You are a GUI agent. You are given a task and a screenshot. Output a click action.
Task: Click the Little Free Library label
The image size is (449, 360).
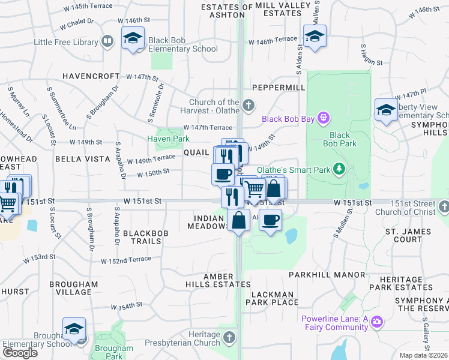pos(65,42)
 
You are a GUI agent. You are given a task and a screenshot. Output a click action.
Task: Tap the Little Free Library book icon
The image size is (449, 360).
pos(107,41)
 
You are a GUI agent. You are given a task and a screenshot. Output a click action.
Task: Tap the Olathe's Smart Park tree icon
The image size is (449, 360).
pos(339,170)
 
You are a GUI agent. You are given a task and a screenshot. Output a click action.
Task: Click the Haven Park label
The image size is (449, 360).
pos(169,139)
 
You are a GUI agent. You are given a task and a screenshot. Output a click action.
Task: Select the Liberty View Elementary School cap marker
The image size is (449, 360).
pos(385,110)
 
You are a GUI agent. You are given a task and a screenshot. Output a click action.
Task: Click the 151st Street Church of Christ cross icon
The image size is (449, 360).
pos(444,207)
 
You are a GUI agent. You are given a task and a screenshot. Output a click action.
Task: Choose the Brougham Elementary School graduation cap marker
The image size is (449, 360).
pos(74,329)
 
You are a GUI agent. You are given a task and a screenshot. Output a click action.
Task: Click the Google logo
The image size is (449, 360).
pos(20,352)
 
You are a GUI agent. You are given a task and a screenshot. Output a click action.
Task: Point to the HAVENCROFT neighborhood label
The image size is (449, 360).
pos(90,77)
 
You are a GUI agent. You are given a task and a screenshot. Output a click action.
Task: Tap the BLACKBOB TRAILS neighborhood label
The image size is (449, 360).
pos(142,237)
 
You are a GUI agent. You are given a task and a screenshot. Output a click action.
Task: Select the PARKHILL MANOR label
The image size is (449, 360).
pos(327,274)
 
